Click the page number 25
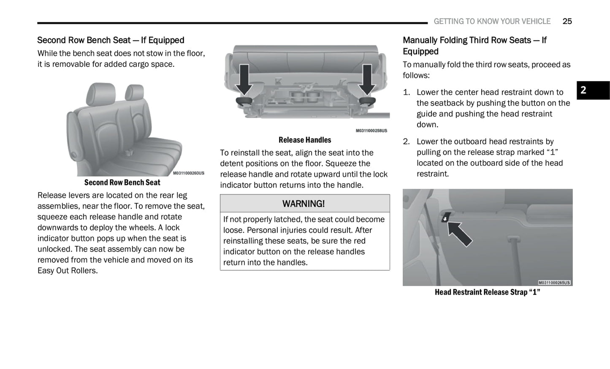567,21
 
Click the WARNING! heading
304,203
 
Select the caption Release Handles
305,140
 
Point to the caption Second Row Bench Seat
122,182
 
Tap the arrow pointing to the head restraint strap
460,233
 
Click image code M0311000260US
188,173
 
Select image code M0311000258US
371,131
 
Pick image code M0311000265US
554,282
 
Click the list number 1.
406,92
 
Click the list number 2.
406,141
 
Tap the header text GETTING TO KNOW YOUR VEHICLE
492,21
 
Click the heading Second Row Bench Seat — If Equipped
111,40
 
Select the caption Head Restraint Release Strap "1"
487,292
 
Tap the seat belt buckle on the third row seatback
513,241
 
